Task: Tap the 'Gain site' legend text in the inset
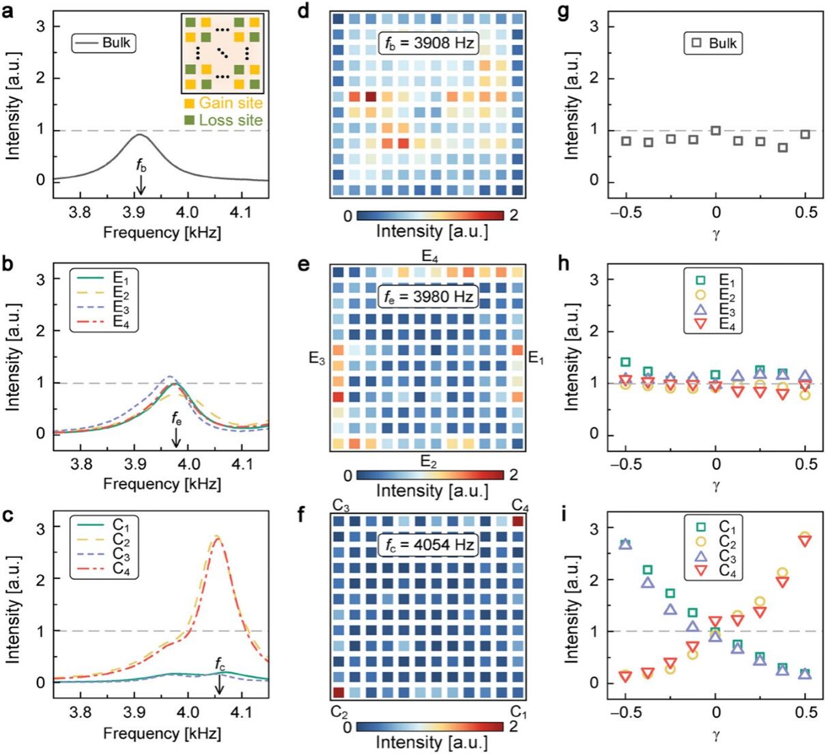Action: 230,103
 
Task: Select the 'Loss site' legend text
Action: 230,120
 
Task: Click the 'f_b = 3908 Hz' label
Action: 427,43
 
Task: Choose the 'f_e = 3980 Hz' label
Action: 427,296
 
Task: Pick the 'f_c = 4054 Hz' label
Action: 427,545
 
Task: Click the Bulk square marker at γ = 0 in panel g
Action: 715,130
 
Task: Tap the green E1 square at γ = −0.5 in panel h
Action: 625,362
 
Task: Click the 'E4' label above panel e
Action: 429,257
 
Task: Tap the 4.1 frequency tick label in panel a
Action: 242,212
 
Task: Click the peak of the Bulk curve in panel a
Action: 140,135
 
